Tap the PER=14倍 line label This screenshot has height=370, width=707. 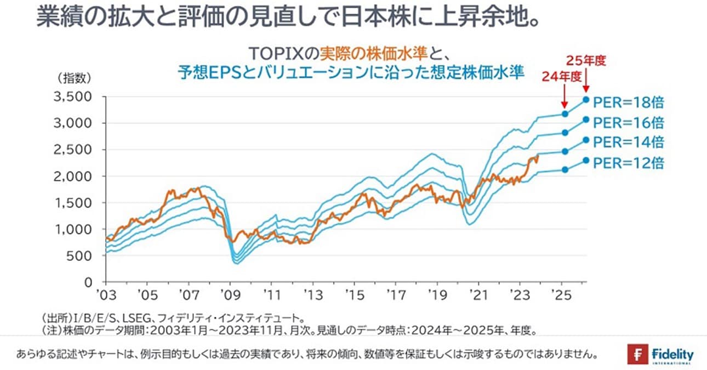pyautogui.click(x=629, y=142)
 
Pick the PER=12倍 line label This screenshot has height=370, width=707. pyautogui.click(x=629, y=163)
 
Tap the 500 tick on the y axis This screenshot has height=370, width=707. pyautogui.click(x=81, y=256)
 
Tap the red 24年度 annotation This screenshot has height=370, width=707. pyautogui.click(x=561, y=77)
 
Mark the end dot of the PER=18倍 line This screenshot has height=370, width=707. pyautogui.click(x=586, y=99)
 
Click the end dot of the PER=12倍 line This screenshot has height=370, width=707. pyautogui.click(x=586, y=160)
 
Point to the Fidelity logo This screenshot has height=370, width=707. pyautogui.click(x=660, y=355)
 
